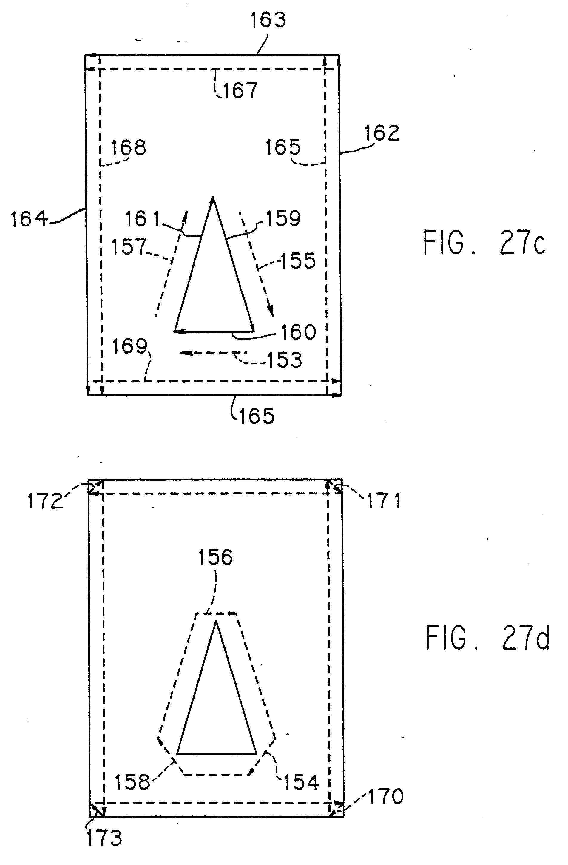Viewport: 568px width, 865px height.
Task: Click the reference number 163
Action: pos(268,20)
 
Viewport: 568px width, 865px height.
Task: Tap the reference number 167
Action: pos(240,90)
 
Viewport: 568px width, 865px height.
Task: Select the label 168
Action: pos(128,148)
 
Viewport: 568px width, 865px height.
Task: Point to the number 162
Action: pos(382,133)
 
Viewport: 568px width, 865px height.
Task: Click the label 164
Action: pos(29,220)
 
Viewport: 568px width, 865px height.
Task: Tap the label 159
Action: pos(283,218)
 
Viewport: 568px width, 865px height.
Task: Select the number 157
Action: pos(129,247)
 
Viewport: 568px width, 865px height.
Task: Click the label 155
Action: pos(298,261)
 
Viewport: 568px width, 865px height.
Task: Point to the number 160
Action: pos(298,332)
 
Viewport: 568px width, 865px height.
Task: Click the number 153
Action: pos(285,360)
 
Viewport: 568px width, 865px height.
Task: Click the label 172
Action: pos(45,501)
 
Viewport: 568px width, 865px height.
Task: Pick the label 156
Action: pos(215,557)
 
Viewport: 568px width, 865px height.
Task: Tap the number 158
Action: pos(132,782)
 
